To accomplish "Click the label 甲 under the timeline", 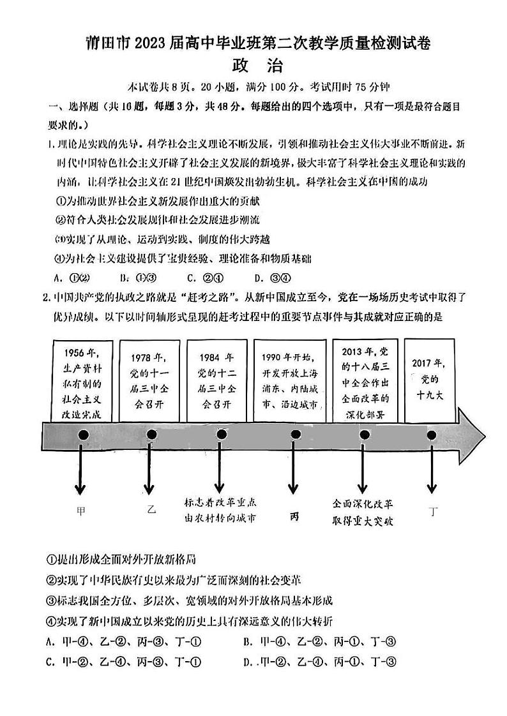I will pos(80,511).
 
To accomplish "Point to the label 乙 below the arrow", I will pos(151,510).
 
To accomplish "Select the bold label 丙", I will pos(294,517).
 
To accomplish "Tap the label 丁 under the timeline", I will pos(434,511).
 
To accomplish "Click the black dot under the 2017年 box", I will pos(432,435).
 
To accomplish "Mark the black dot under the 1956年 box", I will pos(82,435).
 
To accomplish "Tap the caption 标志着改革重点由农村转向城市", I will pos(220,510).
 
